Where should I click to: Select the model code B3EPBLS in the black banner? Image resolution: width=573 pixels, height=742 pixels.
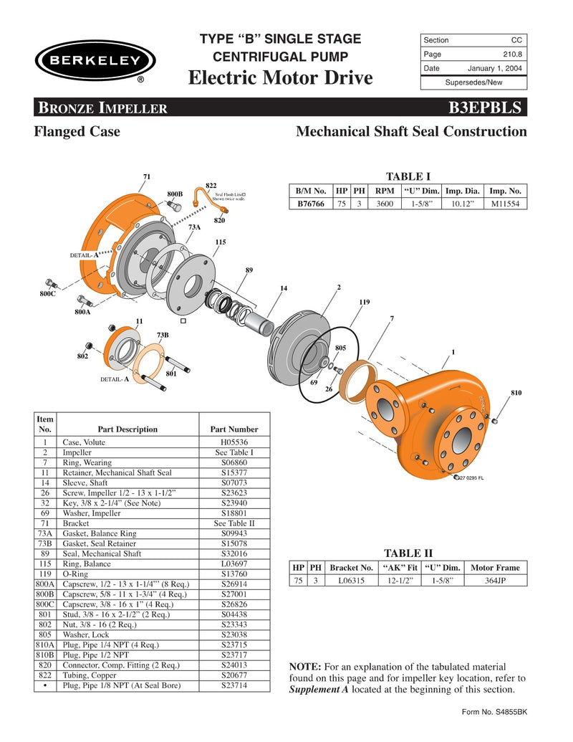pos(488,108)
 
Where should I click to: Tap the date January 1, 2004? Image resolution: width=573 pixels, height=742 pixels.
pos(494,69)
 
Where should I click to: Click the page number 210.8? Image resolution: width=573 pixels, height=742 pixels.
pos(511,54)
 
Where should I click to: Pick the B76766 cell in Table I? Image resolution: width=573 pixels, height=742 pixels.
pos(310,204)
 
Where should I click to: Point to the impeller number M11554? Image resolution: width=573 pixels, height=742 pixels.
pos(506,204)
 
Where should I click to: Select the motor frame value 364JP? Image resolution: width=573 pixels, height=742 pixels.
pos(495,581)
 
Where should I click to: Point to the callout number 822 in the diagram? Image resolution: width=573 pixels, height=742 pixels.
pos(211,186)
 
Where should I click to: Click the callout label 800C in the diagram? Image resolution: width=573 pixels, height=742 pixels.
pos(48,294)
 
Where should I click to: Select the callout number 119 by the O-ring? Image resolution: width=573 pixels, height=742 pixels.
pos(365,303)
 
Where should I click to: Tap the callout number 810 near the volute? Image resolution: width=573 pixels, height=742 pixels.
pos(516,393)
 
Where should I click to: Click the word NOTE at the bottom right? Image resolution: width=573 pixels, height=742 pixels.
pos(304,667)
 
